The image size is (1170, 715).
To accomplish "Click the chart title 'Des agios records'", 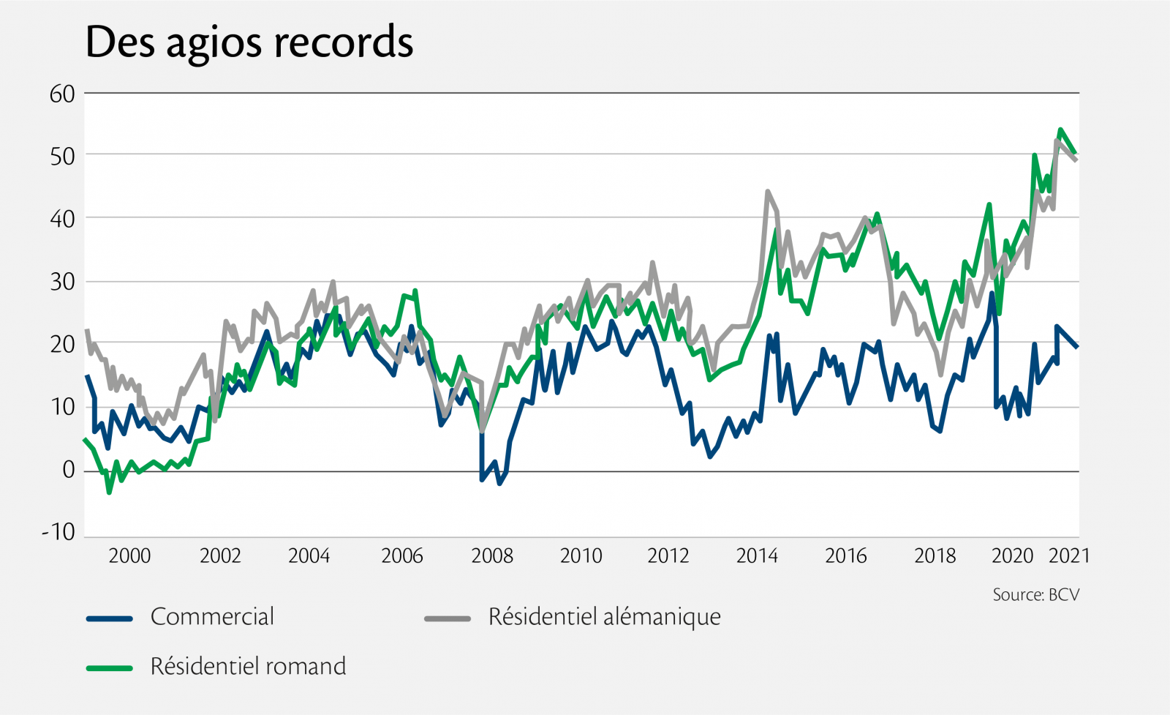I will (x=249, y=42).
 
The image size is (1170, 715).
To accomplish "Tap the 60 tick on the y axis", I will (x=62, y=94).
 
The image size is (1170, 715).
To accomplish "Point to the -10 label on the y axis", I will (x=58, y=532).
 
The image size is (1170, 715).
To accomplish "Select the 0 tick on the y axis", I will (x=68, y=470).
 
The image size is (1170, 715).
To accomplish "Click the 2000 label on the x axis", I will (x=129, y=555).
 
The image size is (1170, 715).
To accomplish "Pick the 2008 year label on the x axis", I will (x=492, y=555).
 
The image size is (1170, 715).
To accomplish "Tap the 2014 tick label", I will (x=757, y=555).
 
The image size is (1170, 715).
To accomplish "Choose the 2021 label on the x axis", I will (x=1069, y=555).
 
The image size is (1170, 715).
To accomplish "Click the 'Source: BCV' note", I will (x=1035, y=594).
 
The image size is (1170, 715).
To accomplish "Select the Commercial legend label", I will (x=212, y=617).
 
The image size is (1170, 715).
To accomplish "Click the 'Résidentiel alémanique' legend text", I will (x=604, y=617).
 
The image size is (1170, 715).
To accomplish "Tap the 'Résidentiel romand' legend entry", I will (x=248, y=667).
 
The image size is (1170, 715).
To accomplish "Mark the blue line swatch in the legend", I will (x=110, y=618).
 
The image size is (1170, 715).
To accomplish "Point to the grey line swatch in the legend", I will (x=448, y=618).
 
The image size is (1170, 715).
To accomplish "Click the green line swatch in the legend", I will (x=110, y=667).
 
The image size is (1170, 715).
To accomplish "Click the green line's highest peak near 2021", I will (x=1060, y=130).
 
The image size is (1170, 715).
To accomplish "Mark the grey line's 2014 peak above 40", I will (x=767, y=192).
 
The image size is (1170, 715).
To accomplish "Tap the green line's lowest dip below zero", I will (x=109, y=493).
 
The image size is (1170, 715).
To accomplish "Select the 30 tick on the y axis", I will (x=62, y=282).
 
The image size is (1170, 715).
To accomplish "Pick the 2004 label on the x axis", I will (x=309, y=555).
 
